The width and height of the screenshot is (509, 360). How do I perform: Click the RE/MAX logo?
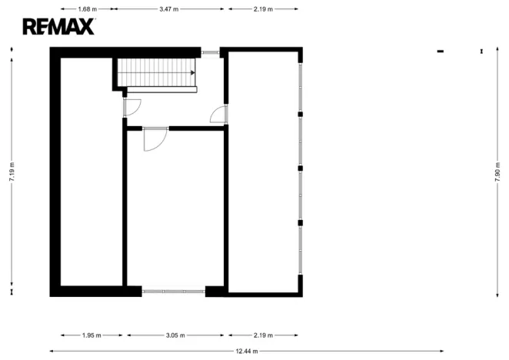(x=58, y=27)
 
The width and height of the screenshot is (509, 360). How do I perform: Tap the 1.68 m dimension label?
(x=88, y=9)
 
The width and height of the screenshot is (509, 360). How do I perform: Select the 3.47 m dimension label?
(x=168, y=9)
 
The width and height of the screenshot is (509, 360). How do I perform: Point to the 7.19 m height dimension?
(x=12, y=171)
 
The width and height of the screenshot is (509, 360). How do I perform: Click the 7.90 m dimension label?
(x=497, y=171)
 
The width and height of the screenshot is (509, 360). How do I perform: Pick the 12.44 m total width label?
(x=248, y=351)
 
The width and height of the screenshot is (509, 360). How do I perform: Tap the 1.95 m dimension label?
(x=91, y=335)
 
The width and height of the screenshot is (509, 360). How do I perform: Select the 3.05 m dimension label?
(x=176, y=335)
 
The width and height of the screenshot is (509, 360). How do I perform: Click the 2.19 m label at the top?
(x=263, y=9)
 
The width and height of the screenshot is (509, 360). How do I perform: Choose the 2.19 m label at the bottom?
(x=263, y=335)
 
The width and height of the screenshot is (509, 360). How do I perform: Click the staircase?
(x=157, y=73)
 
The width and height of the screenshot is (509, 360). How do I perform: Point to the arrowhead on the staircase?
(x=191, y=73)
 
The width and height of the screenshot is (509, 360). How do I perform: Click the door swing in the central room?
(x=155, y=139)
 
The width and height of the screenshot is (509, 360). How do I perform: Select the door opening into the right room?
(x=219, y=115)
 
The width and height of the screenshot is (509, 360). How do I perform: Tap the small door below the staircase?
(x=129, y=107)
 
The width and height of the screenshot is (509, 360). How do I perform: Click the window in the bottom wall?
(x=173, y=291)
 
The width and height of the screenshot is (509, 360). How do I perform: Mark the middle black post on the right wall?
(x=301, y=168)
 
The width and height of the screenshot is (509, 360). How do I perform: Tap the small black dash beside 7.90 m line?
(x=441, y=52)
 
